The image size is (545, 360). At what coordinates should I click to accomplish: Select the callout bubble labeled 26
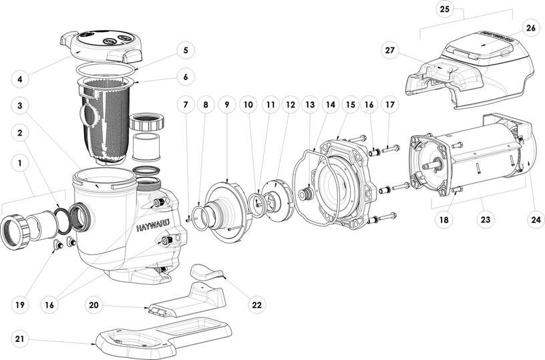(x=530, y=28)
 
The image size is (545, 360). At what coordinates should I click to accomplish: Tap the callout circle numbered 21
(x=21, y=339)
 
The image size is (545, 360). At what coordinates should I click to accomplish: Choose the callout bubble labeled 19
(x=21, y=305)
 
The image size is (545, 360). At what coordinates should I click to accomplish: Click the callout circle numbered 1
(x=21, y=162)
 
